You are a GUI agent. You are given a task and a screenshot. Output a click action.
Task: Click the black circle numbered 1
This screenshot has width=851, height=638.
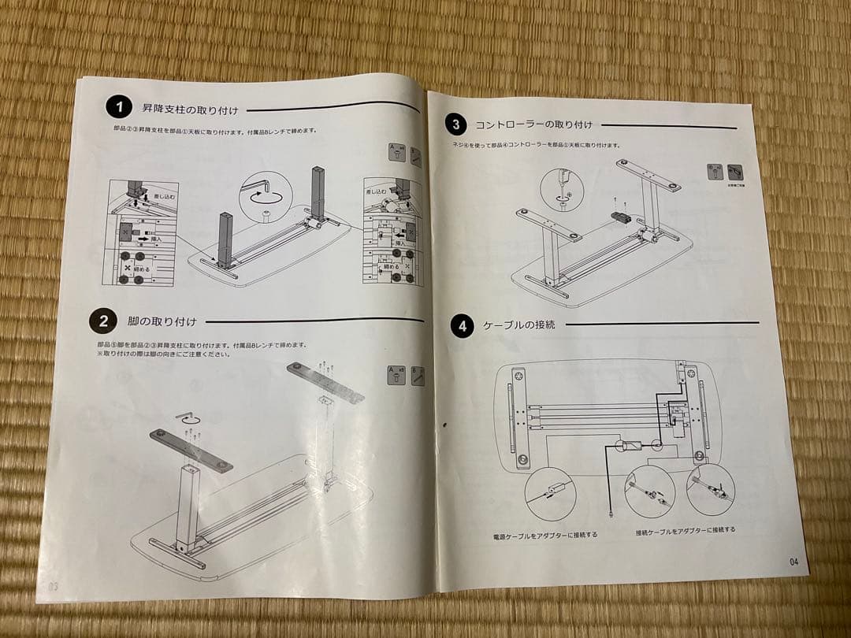[x=119, y=107]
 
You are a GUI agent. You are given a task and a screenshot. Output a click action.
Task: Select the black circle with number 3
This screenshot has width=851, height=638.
[x=456, y=124]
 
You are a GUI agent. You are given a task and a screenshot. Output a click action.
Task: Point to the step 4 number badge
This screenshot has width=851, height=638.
[x=462, y=325]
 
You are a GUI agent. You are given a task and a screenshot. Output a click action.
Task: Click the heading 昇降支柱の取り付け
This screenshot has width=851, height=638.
[x=190, y=109]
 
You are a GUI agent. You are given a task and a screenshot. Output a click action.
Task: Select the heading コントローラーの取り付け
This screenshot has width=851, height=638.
[x=533, y=124]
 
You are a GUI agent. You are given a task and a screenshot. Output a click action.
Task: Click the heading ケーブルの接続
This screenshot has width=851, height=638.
[x=519, y=324]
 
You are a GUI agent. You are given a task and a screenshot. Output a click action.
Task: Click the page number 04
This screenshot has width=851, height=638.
[x=793, y=562]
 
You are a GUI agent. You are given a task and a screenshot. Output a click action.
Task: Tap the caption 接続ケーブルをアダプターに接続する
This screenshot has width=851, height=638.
[x=686, y=530]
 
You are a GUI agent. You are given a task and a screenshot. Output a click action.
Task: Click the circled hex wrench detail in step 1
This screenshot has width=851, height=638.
[x=266, y=194]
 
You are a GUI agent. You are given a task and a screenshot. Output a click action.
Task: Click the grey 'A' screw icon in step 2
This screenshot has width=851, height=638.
[x=396, y=375]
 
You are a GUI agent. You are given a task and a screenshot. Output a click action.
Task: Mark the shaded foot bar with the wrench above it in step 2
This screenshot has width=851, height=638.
[x=192, y=450]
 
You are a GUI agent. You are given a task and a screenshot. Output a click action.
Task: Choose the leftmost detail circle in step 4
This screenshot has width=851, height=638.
[x=550, y=494]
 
